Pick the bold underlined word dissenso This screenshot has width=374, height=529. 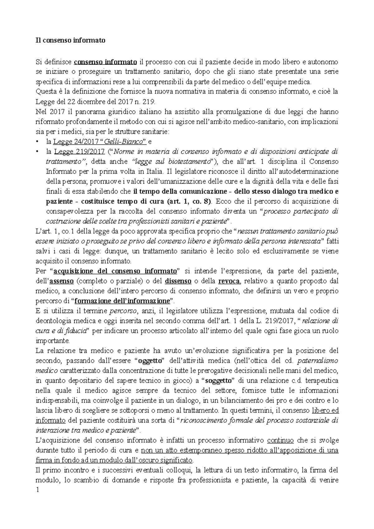point(178,281)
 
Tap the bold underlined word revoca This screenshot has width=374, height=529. point(229,281)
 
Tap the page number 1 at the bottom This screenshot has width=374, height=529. point(37,490)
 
